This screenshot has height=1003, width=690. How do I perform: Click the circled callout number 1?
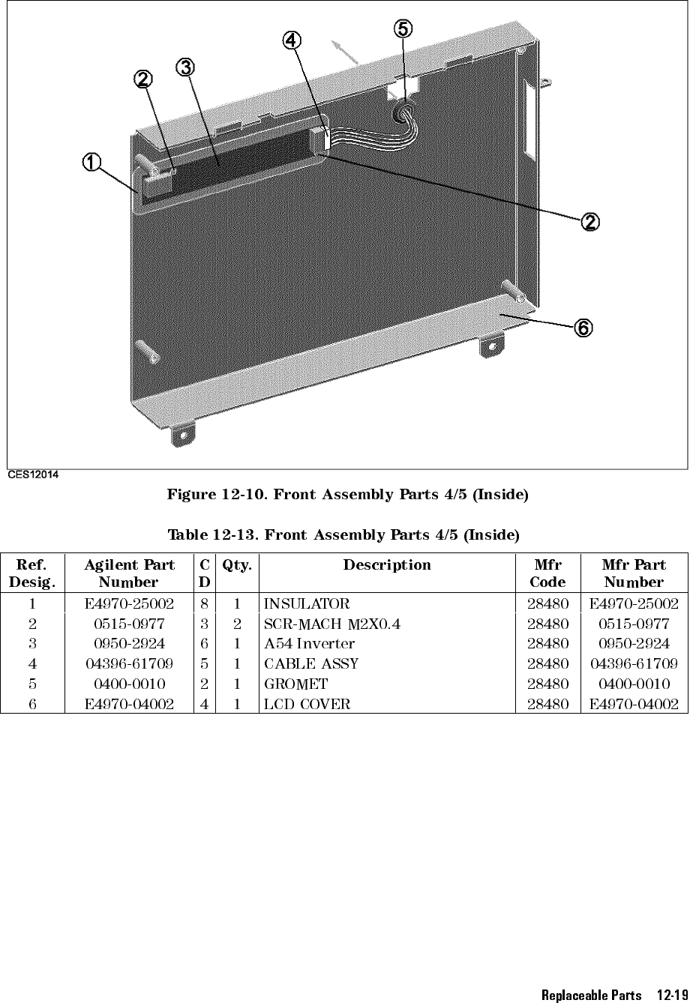click(90, 162)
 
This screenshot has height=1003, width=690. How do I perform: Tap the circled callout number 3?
click(184, 67)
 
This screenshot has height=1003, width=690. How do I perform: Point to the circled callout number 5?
click(403, 28)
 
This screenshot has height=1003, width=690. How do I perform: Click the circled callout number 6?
click(583, 328)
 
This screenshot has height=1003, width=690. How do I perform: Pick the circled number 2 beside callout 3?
click(143, 79)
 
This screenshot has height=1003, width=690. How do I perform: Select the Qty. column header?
click(236, 565)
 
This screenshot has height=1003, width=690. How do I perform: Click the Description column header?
click(387, 565)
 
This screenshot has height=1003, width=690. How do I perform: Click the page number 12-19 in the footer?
click(669, 996)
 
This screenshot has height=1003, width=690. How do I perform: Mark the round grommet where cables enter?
click(403, 112)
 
